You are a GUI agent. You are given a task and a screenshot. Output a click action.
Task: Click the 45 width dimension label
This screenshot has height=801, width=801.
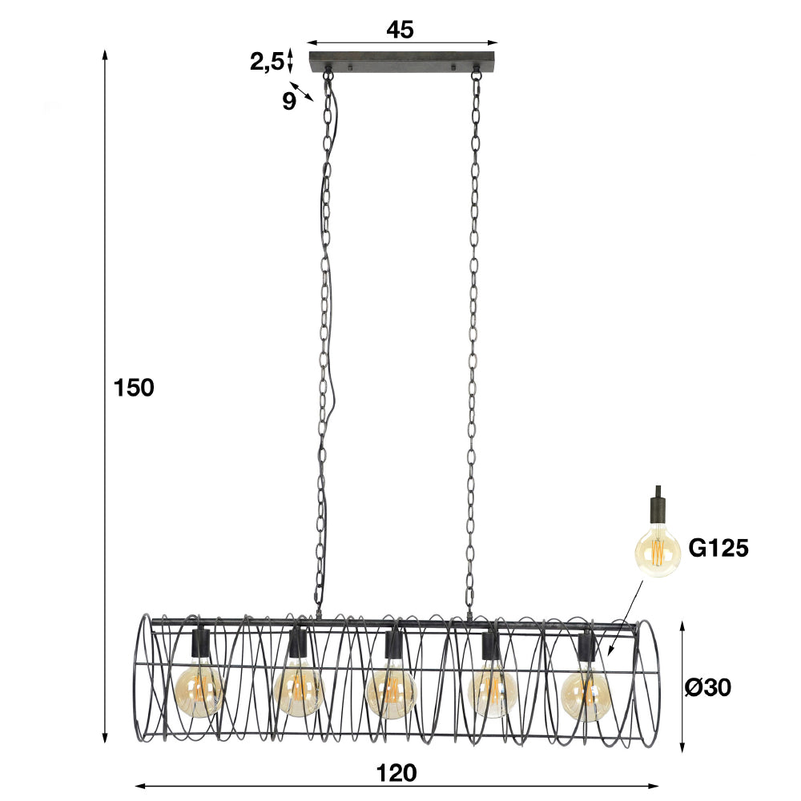(x=400, y=30)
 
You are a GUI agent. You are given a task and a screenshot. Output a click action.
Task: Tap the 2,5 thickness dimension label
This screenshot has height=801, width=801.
(x=267, y=62)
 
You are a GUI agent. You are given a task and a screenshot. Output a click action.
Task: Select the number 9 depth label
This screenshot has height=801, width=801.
(x=289, y=101)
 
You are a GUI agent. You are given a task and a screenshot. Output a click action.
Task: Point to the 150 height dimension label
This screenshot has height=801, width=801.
(x=133, y=388)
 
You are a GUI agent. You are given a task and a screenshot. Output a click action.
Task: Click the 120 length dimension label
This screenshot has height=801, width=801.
(x=396, y=773)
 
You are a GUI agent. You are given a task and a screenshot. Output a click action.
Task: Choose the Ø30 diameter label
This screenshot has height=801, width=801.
(x=707, y=687)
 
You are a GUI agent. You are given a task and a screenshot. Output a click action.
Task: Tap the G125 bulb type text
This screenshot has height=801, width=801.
(x=718, y=548)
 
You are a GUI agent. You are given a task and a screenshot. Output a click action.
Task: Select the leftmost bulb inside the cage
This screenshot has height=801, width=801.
(x=199, y=692)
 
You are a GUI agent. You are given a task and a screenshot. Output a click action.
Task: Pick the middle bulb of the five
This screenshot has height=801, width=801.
(x=392, y=694)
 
